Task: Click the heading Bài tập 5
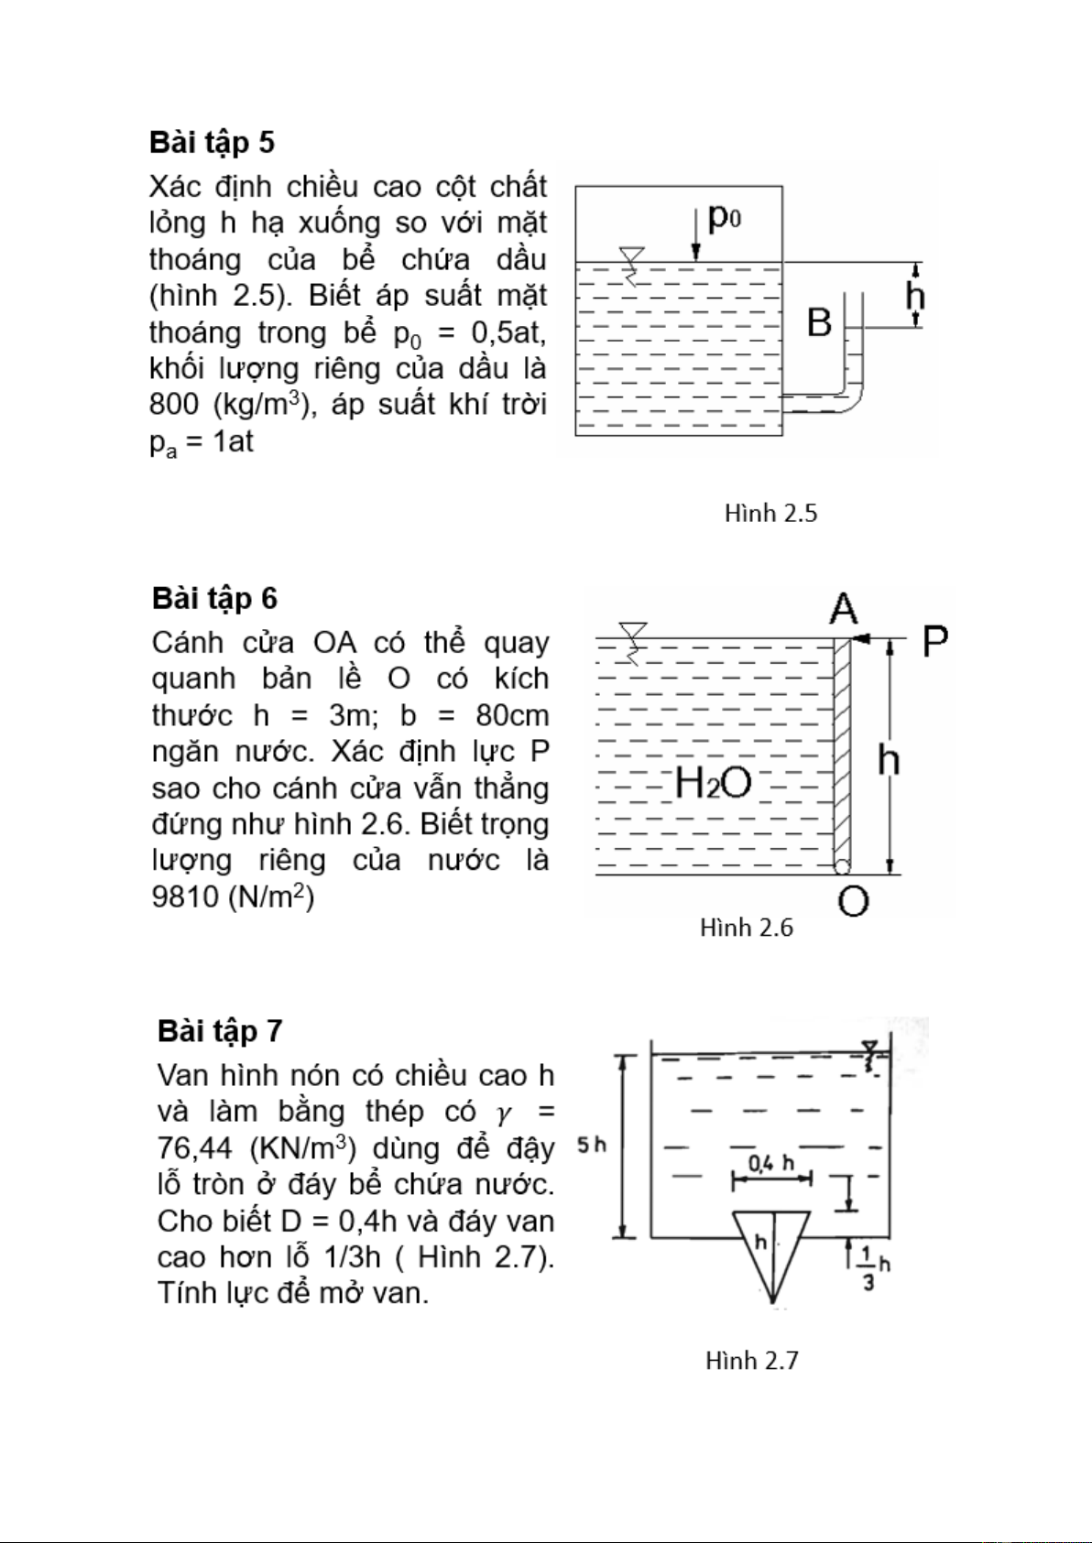click(x=212, y=143)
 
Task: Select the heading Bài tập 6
click(x=214, y=599)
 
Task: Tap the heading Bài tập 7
click(x=220, y=1031)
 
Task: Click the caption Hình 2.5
click(x=770, y=514)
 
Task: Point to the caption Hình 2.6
click(x=746, y=928)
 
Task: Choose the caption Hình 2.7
click(x=751, y=1361)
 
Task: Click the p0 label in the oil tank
click(x=724, y=218)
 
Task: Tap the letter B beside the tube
click(x=819, y=323)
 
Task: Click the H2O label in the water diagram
click(x=713, y=783)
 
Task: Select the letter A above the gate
click(x=843, y=609)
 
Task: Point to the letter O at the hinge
click(x=853, y=902)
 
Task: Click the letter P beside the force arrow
click(x=934, y=641)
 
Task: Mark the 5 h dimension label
click(x=592, y=1145)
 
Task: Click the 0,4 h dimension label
click(x=770, y=1164)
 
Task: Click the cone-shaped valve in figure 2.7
click(x=772, y=1250)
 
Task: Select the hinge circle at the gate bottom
click(x=841, y=866)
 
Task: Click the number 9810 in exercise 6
click(x=185, y=896)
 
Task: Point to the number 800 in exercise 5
click(x=174, y=405)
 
